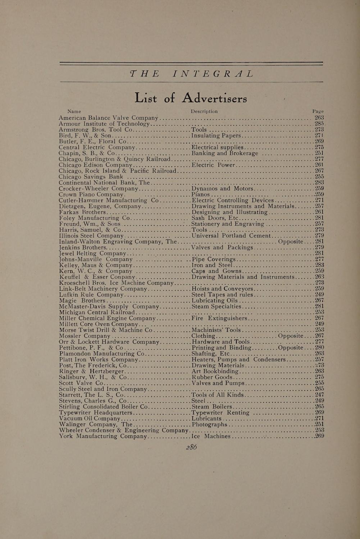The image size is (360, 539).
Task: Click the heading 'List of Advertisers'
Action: pos(191,97)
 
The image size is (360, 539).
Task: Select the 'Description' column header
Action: pos(204,111)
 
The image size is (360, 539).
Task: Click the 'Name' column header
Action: pos(74,111)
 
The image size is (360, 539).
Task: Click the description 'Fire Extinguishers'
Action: pos(219,318)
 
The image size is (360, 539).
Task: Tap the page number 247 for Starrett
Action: pos(319,395)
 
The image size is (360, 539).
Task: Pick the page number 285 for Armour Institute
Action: pos(319,124)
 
